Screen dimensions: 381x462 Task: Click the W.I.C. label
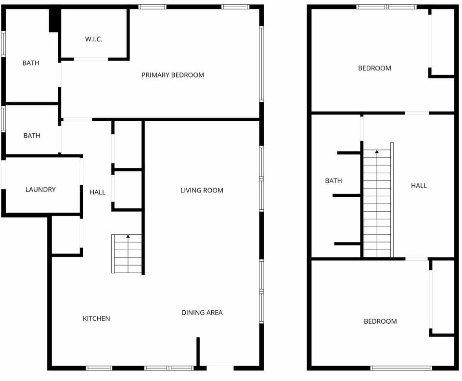pyautogui.click(x=94, y=39)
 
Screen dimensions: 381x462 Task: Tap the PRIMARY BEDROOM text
pyautogui.click(x=172, y=75)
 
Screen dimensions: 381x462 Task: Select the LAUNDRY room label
pyautogui.click(x=40, y=190)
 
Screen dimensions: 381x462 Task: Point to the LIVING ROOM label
pyautogui.click(x=202, y=190)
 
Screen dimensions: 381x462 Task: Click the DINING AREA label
pyautogui.click(x=202, y=313)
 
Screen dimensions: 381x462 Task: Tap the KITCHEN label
pyautogui.click(x=96, y=318)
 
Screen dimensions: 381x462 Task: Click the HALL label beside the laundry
pyautogui.click(x=97, y=192)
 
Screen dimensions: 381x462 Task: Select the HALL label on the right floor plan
pyautogui.click(x=419, y=186)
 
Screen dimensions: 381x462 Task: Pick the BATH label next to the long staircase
pyautogui.click(x=333, y=181)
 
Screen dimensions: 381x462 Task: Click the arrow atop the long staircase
pyautogui.click(x=377, y=152)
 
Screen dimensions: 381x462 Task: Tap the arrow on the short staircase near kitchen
pyautogui.click(x=128, y=236)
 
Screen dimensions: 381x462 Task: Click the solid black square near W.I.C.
pyautogui.click(x=54, y=20)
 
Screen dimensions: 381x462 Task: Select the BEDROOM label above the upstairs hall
pyautogui.click(x=374, y=68)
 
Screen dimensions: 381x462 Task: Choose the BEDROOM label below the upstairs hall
pyautogui.click(x=380, y=321)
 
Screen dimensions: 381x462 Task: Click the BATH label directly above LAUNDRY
pyautogui.click(x=32, y=136)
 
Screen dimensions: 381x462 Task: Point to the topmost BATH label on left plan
pyautogui.click(x=31, y=63)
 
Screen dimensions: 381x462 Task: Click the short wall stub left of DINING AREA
pyautogui.click(x=198, y=352)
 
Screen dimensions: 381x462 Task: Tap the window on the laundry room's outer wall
pyautogui.click(x=3, y=174)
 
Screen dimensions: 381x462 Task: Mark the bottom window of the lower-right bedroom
pyautogui.click(x=401, y=368)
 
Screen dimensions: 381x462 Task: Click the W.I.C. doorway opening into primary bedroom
pyautogui.click(x=91, y=59)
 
